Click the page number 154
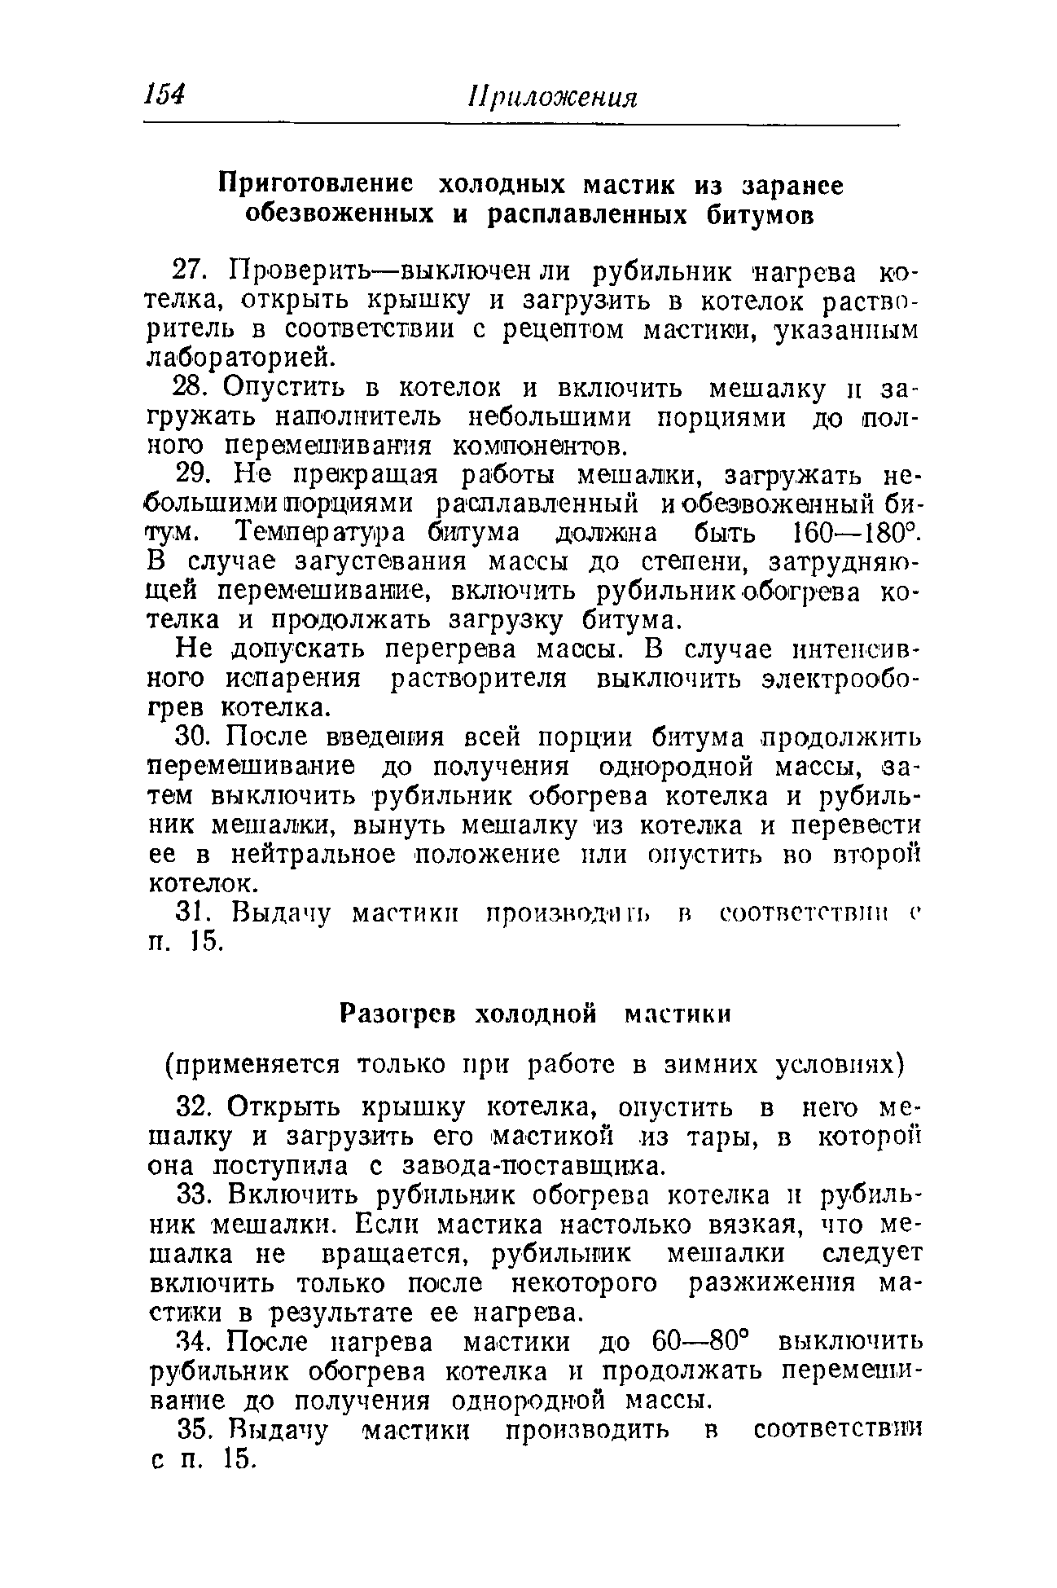164,95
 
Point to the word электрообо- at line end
832,678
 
